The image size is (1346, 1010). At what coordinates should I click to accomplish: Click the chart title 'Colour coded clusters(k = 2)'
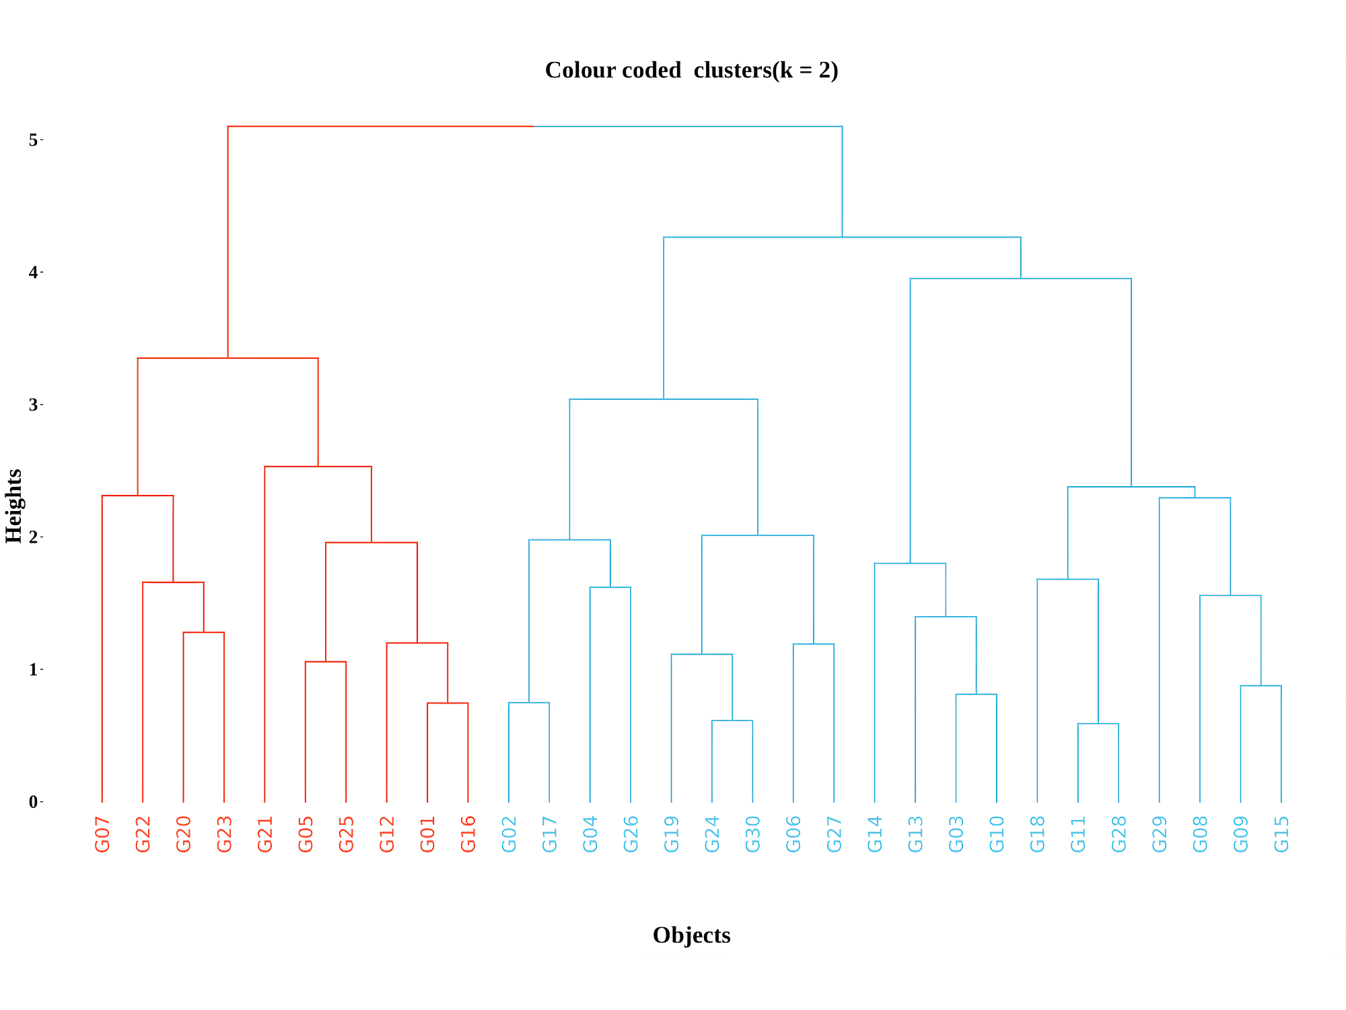(x=691, y=70)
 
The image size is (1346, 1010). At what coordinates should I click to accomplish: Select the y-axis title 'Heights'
(x=13, y=506)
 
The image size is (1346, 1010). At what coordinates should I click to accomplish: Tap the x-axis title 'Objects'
(x=691, y=935)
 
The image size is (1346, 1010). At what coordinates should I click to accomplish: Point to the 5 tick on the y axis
(x=33, y=140)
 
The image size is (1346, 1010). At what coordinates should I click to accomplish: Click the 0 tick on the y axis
(x=33, y=802)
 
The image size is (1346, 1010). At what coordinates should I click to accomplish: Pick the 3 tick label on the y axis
(x=33, y=405)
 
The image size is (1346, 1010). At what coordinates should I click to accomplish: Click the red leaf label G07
(x=102, y=834)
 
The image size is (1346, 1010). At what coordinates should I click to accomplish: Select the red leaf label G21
(x=265, y=834)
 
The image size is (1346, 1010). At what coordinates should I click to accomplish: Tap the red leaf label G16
(x=468, y=834)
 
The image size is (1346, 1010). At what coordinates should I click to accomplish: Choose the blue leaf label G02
(x=509, y=834)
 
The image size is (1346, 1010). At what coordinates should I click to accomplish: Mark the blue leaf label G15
(x=1281, y=834)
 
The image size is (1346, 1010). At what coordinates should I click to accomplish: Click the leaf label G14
(x=875, y=834)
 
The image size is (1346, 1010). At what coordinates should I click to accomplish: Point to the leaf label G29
(x=1160, y=834)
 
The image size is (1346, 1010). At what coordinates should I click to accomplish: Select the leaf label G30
(x=753, y=834)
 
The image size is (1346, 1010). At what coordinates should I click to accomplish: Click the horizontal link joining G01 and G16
(x=448, y=703)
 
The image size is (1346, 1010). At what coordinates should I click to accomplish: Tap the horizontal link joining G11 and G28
(x=1098, y=724)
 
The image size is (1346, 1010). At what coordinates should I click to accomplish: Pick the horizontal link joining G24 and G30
(x=732, y=720)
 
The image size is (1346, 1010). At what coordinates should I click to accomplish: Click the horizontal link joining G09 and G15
(x=1261, y=685)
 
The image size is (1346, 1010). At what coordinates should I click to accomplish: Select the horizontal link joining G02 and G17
(x=529, y=702)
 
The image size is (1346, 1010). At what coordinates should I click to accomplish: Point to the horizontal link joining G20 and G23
(x=204, y=632)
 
